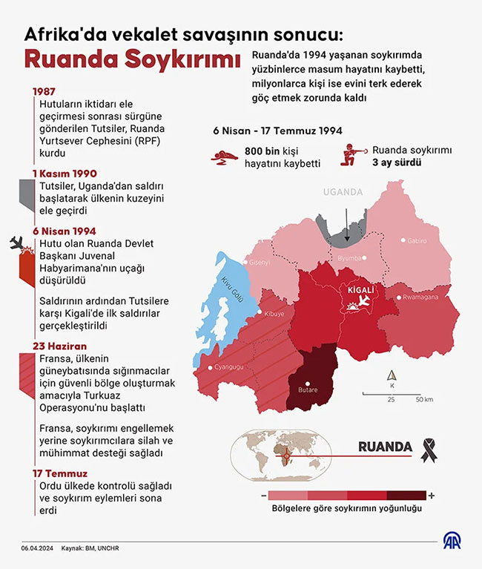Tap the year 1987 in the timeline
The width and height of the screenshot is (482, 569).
(44, 92)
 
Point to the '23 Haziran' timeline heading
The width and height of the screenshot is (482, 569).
(59, 346)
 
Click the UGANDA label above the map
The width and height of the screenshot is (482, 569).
(343, 192)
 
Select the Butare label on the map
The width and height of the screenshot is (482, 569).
(308, 389)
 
